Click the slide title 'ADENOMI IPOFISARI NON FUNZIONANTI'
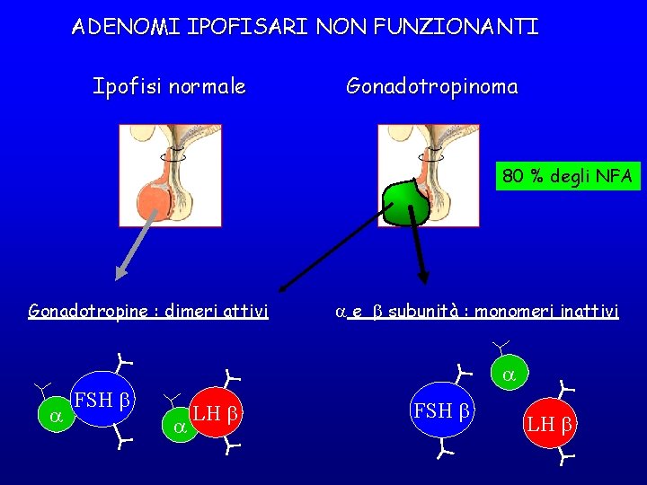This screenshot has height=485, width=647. (305, 27)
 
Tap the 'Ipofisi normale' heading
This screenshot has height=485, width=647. (169, 87)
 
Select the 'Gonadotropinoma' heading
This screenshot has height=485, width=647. (431, 87)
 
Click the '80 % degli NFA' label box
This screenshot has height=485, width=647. (568, 177)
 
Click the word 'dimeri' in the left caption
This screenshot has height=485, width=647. (188, 312)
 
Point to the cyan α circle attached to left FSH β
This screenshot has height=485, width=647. (56, 416)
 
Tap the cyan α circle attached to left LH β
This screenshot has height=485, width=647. (178, 426)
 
